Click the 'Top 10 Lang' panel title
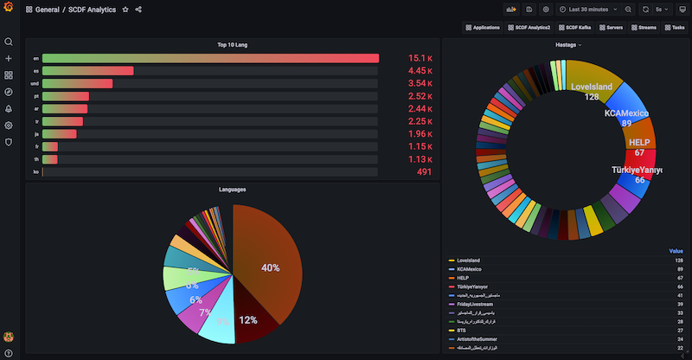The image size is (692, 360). coord(233,44)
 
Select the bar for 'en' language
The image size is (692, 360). coord(210,59)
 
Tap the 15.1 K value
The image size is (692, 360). coord(420,59)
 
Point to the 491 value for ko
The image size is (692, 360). coord(424,172)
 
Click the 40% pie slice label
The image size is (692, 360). coord(271,268)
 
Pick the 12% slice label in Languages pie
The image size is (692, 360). coord(248,320)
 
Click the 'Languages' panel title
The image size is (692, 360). coord(233,189)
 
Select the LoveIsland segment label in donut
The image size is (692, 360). coord(592,87)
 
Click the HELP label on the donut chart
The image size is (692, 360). coord(639,142)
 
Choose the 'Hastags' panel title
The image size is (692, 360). coord(567,44)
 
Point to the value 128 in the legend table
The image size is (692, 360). coord(678,260)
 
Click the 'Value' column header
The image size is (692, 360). coord(676,251)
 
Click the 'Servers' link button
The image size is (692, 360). coord(612,28)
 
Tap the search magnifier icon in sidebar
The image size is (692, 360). coord(9,42)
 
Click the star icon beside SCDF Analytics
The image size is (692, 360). coord(125,10)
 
